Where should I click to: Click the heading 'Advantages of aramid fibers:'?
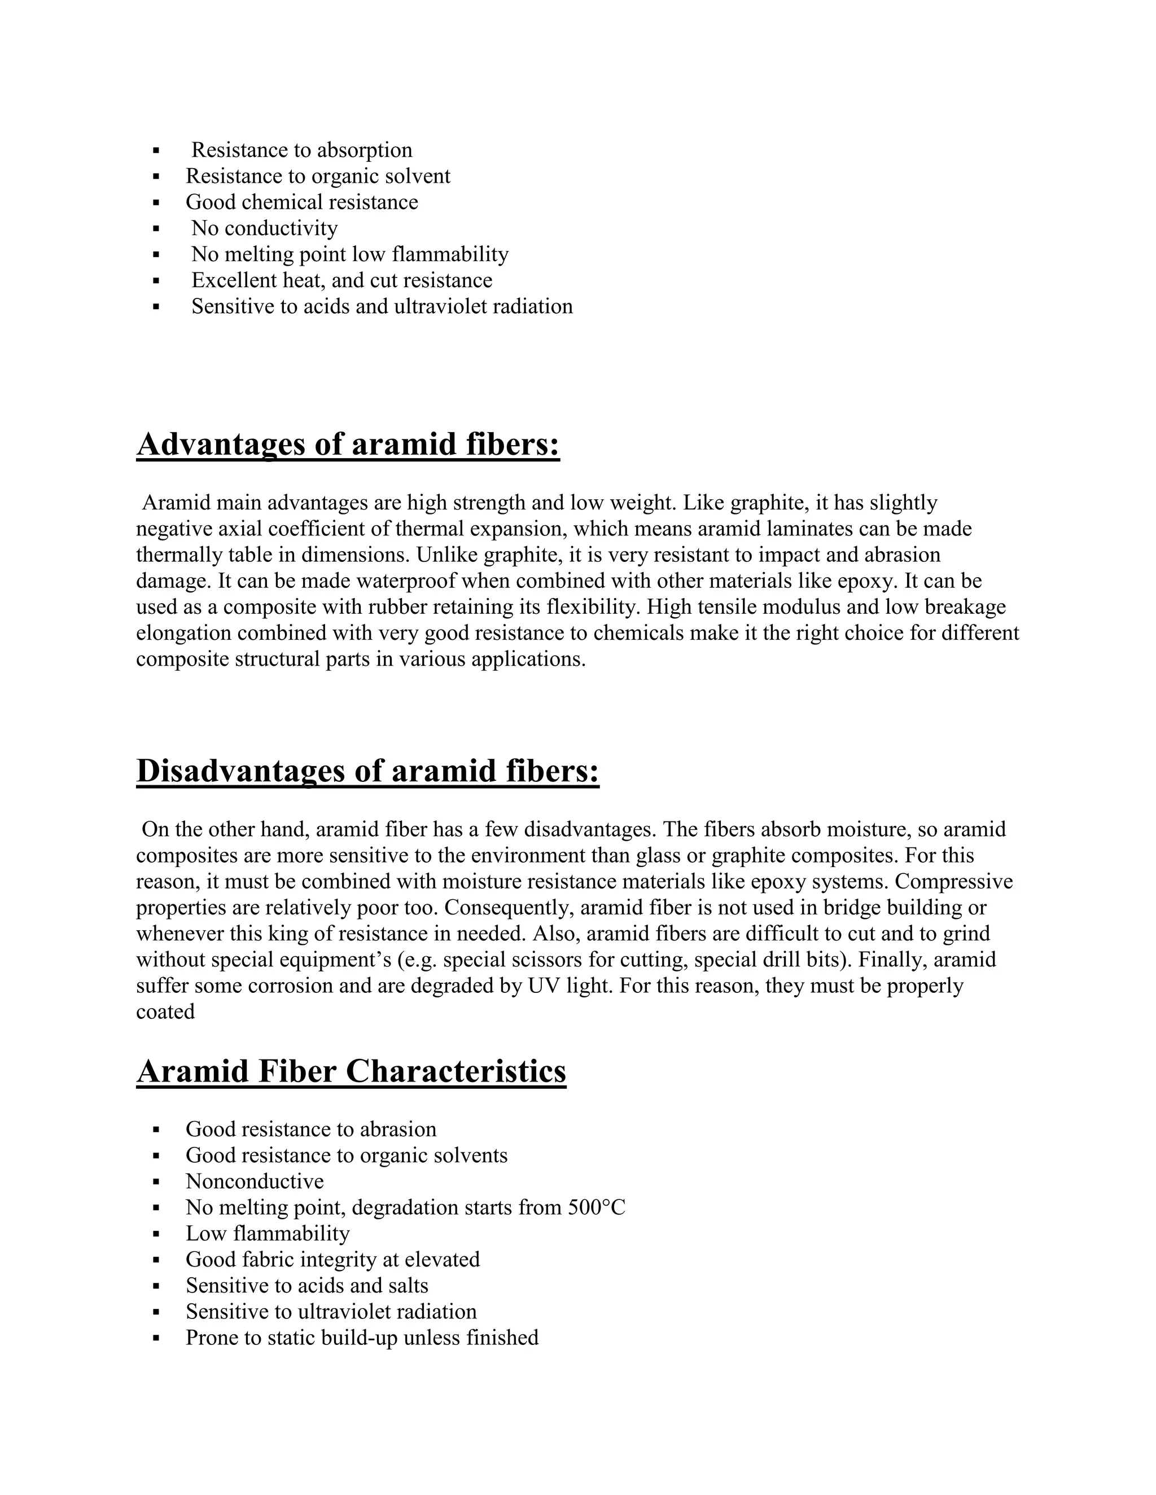click(348, 444)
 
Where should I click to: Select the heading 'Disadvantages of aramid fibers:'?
click(368, 771)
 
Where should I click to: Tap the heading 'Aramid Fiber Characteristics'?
click(351, 1071)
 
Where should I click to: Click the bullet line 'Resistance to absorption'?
click(301, 150)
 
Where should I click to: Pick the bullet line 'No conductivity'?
click(264, 228)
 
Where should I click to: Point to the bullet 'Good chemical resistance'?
click(301, 202)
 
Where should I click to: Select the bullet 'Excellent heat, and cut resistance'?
click(341, 280)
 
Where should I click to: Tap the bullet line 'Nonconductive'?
click(254, 1181)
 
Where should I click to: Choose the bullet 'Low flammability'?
click(267, 1233)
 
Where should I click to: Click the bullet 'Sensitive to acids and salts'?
click(307, 1285)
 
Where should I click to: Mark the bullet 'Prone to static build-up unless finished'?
click(362, 1337)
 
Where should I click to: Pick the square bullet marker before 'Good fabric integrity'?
click(156, 1260)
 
